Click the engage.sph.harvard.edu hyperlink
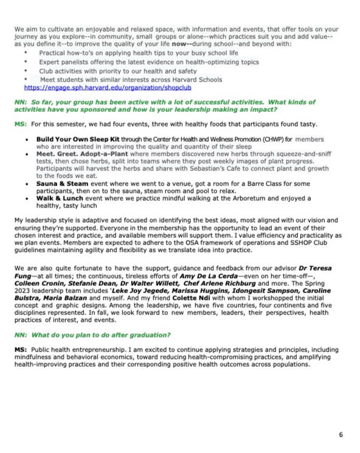[x=107, y=88]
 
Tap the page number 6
[x=341, y=435]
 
